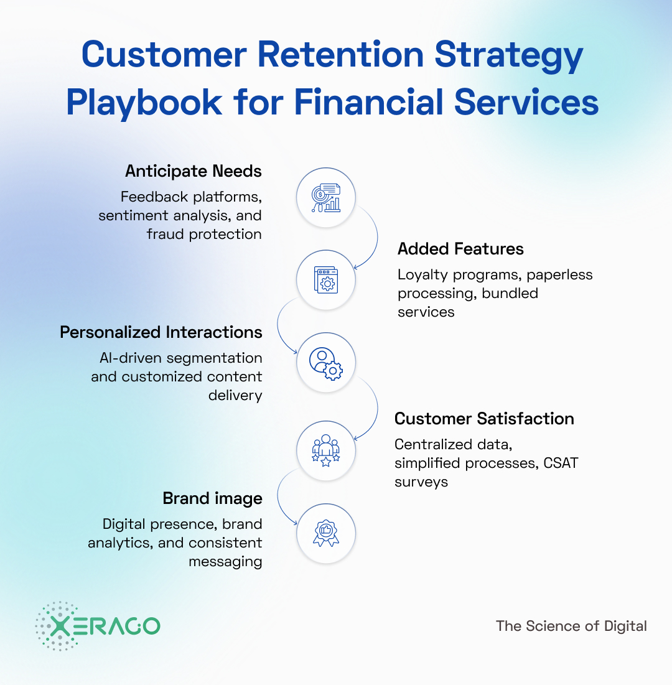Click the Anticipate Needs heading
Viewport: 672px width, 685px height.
193,171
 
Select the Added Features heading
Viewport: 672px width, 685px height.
460,249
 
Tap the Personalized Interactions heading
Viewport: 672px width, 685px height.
161,332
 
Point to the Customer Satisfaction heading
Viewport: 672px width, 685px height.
484,419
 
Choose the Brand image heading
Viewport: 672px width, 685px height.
212,498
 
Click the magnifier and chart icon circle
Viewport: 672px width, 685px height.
326,198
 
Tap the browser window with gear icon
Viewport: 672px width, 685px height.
326,279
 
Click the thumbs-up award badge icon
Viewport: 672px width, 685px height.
326,533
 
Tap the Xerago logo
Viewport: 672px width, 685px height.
98,626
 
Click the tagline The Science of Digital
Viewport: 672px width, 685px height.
571,626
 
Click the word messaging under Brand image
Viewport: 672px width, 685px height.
225,561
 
